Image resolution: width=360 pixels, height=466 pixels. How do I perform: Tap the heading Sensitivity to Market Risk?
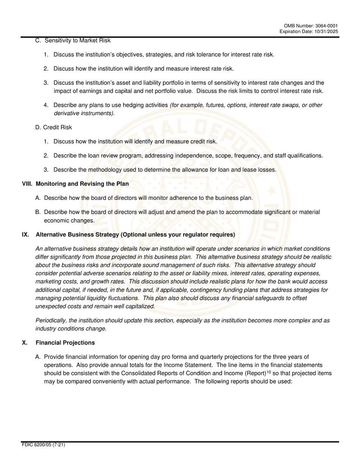pyautogui.click(x=77, y=41)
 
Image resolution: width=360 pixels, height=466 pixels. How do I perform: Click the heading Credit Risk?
pyautogui.click(x=57, y=127)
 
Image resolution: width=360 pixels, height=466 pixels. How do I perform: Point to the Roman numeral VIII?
pyautogui.click(x=27, y=184)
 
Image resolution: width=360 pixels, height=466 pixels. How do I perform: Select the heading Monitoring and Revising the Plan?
pyautogui.click(x=82, y=184)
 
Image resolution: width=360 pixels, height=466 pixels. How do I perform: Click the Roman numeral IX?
pyautogui.click(x=25, y=235)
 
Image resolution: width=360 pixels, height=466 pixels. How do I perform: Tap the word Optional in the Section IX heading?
pyautogui.click(x=134, y=235)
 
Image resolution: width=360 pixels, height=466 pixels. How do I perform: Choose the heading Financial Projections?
pyautogui.click(x=65, y=342)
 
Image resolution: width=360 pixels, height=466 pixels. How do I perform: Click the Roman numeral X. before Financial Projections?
pyautogui.click(x=25, y=342)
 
